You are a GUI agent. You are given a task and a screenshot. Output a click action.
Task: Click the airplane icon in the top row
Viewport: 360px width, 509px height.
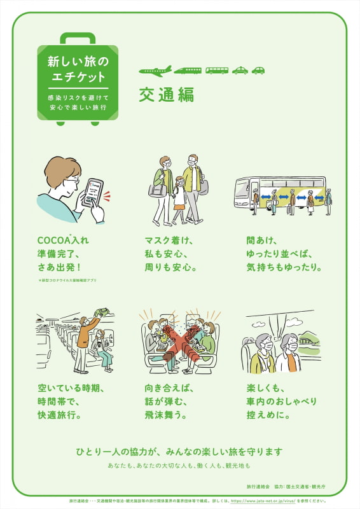155,71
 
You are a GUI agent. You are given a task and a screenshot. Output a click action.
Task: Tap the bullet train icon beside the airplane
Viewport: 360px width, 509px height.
188,71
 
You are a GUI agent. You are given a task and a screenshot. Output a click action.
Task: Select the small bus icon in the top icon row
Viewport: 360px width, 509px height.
217,71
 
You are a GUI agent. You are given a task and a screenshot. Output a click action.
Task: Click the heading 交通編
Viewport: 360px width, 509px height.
166,94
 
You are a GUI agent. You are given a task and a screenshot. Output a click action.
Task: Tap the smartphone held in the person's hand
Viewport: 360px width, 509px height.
92,192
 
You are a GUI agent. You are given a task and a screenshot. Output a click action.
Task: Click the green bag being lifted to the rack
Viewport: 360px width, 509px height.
100,312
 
